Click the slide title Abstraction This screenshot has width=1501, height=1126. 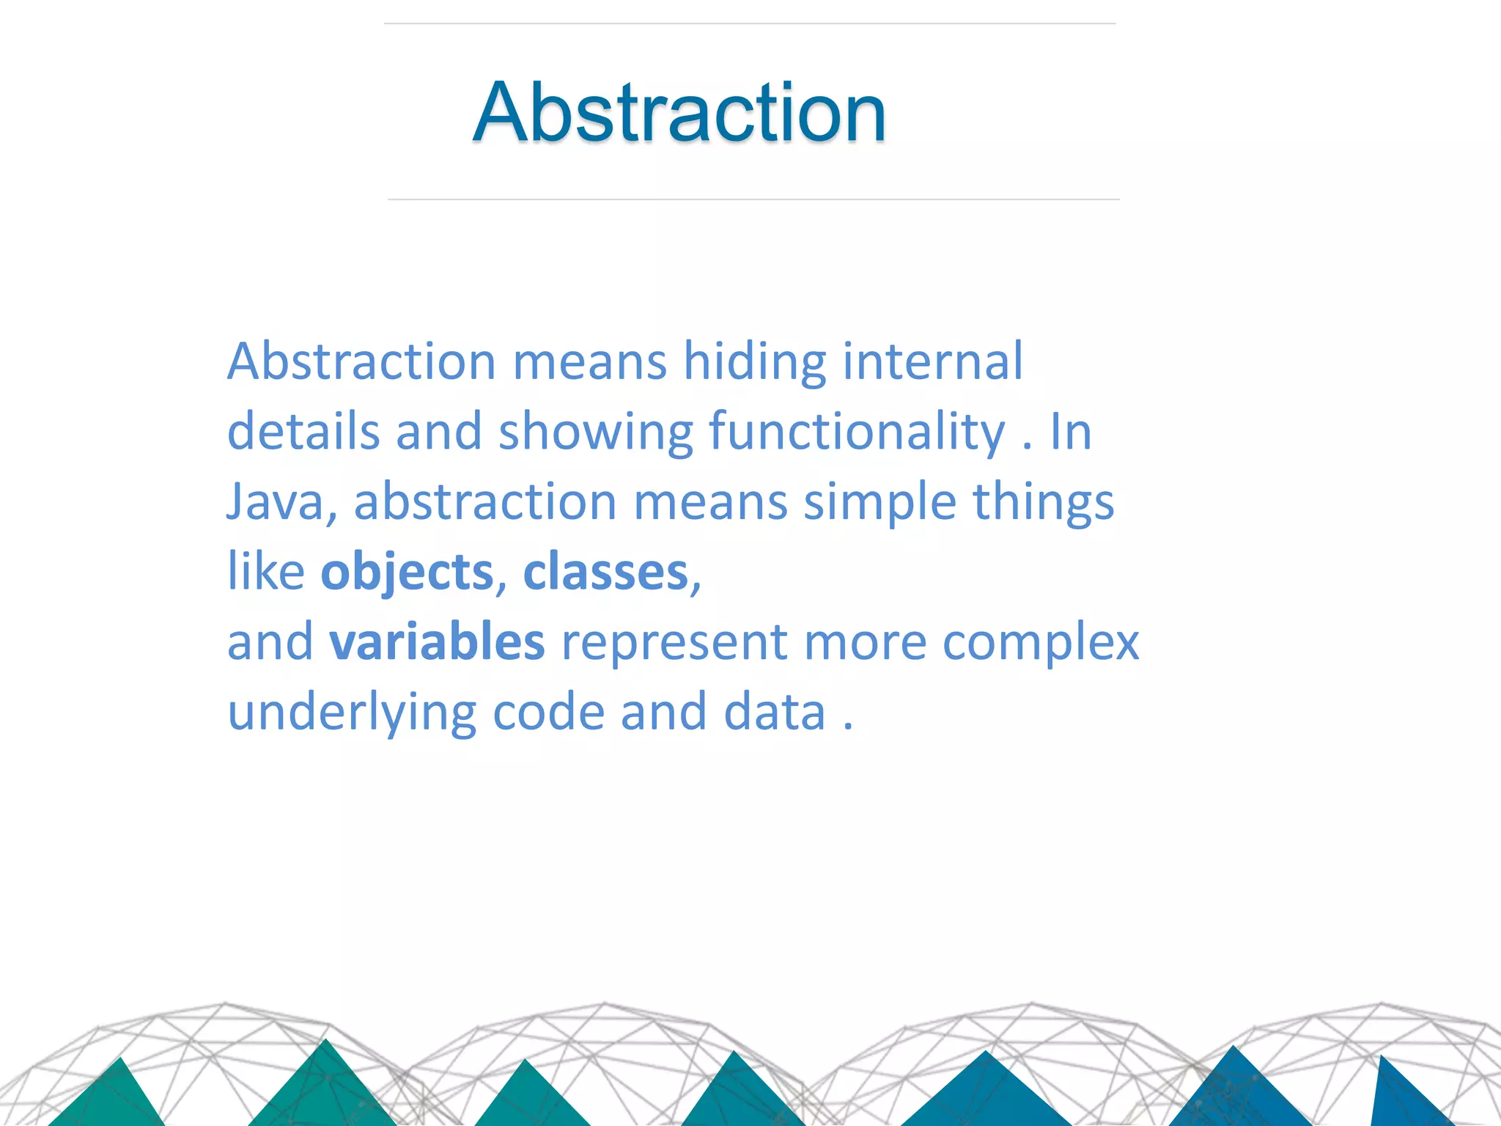click(679, 113)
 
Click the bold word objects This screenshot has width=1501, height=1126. click(407, 572)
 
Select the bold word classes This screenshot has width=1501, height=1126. click(605, 572)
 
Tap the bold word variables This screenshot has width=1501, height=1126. click(437, 641)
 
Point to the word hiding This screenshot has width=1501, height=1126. click(755, 361)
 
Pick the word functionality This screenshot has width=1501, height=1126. click(857, 432)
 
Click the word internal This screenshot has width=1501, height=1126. click(932, 361)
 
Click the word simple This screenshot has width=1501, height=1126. click(879, 502)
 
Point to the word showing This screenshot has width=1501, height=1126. click(595, 432)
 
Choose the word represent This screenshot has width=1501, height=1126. click(674, 643)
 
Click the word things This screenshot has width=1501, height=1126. click(1043, 502)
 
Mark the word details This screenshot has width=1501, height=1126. click(303, 432)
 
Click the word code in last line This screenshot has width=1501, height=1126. click(548, 713)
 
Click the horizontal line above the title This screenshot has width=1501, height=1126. click(749, 23)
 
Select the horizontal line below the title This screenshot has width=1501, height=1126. click(753, 199)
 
